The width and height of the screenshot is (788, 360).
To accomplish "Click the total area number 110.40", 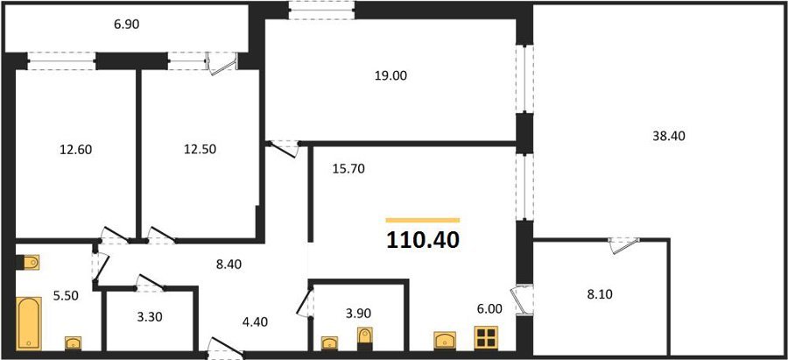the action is pos(423,240).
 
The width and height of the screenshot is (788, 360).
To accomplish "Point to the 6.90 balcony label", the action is pos(126,25).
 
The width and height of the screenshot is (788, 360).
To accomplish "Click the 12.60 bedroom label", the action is pos(75,149).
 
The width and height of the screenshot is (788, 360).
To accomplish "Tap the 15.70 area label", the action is pos(348,169).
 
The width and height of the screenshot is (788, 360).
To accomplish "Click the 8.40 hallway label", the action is pos(229,265).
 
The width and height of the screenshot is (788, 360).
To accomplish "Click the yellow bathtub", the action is pos(29,323).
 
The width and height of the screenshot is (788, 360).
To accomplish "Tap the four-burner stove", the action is pos(486,337).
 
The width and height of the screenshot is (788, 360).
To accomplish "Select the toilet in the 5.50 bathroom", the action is pos(27,262).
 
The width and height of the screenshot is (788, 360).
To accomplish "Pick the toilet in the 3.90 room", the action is pos(365,338).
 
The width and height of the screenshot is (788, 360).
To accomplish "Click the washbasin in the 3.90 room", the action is pos(329,342).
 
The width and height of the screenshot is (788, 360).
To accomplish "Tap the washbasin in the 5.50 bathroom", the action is pos(74,342).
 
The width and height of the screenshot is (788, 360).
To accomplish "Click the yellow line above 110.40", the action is pos(423,220).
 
